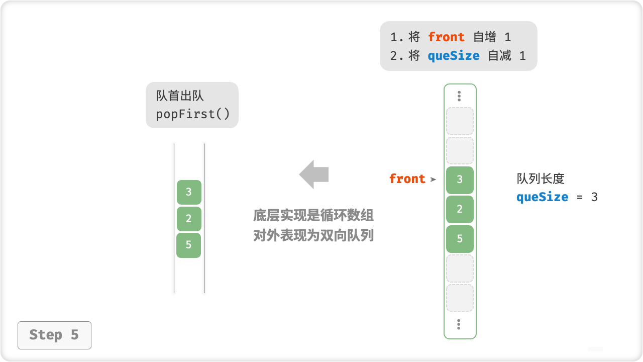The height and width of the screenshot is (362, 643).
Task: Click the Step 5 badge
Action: (x=54, y=335)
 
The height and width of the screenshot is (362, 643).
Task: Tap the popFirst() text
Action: (x=193, y=114)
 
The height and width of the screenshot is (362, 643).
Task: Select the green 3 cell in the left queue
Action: (x=189, y=192)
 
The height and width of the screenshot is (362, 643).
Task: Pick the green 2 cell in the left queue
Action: (x=189, y=219)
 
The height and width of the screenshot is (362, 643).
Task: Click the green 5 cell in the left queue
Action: (x=189, y=245)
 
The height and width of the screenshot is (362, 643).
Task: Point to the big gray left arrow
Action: (x=314, y=174)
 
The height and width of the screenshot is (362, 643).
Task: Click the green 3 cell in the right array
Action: (x=460, y=180)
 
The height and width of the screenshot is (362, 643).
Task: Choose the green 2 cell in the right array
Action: (x=460, y=209)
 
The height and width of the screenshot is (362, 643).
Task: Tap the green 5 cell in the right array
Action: (x=460, y=239)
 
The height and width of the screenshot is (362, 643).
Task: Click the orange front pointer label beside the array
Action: (x=407, y=179)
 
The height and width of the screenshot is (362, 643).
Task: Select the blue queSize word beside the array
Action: (x=542, y=197)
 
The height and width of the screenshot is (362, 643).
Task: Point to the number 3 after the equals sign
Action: (x=594, y=197)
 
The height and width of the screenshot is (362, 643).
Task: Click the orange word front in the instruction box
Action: (x=446, y=37)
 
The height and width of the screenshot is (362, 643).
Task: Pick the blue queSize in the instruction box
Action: (x=454, y=56)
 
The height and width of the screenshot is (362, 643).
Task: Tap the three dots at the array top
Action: (x=459, y=96)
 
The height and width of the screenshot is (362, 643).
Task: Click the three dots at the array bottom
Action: (x=459, y=324)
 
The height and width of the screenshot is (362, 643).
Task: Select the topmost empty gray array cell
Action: (x=460, y=121)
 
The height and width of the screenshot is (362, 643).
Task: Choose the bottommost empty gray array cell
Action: (x=460, y=298)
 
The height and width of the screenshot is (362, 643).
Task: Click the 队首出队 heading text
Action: (x=180, y=96)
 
